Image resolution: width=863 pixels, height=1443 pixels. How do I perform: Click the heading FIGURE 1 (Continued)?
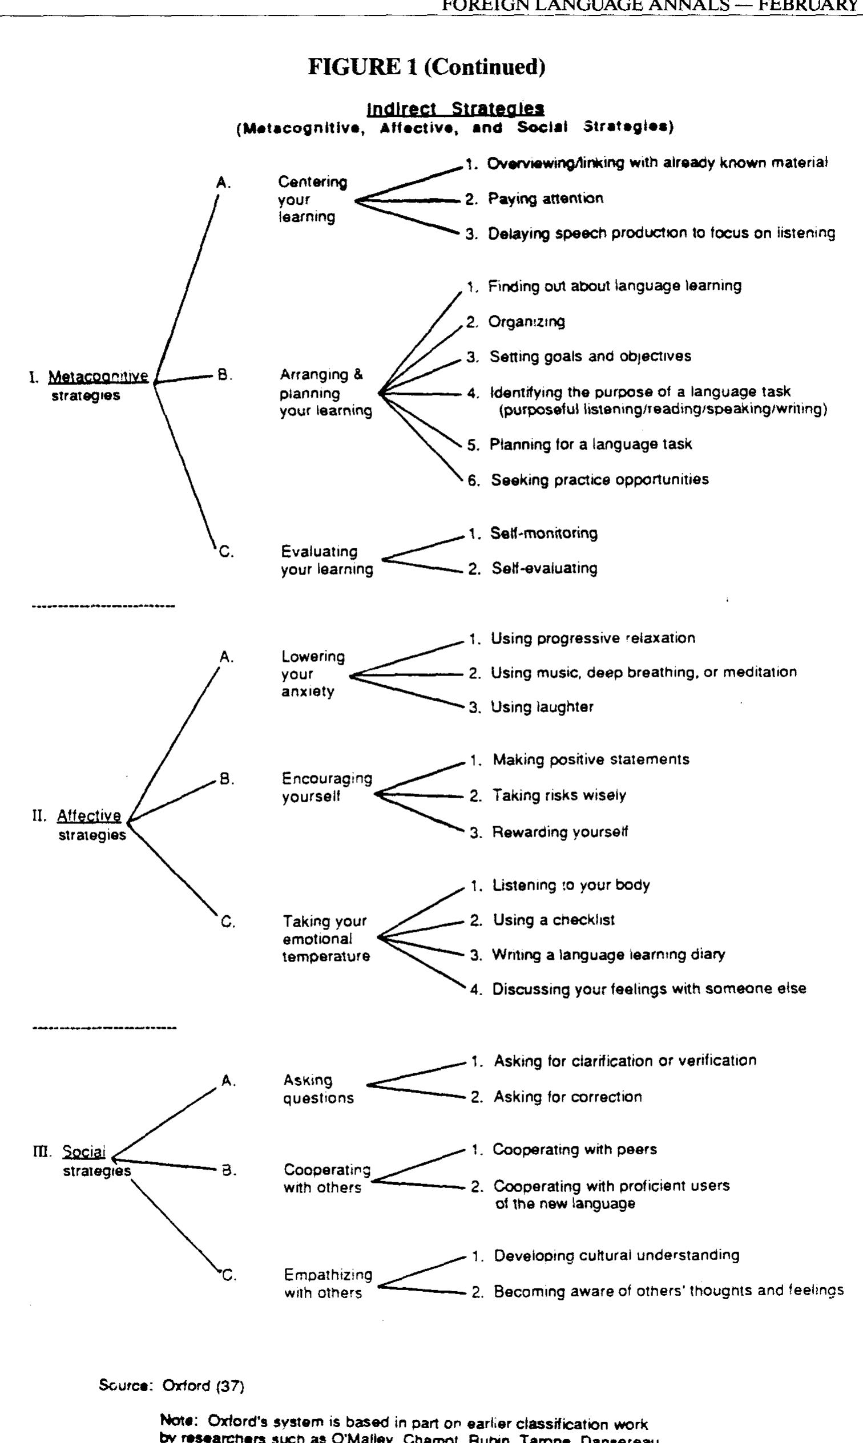[426, 67]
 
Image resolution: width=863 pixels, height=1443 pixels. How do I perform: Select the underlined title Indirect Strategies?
[455, 108]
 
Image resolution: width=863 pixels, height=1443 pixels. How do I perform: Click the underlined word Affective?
[89, 816]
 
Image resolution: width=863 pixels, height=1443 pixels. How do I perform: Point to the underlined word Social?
[84, 1151]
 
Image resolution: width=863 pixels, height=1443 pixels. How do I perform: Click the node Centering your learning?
[312, 199]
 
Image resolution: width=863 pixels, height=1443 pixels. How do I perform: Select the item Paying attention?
[545, 199]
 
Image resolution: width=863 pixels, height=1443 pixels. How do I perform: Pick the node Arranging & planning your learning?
[326, 393]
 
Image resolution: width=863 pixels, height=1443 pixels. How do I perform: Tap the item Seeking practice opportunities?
[599, 480]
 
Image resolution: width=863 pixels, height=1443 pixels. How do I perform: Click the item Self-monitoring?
[544, 533]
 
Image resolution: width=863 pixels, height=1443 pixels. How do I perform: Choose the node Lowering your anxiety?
[313, 674]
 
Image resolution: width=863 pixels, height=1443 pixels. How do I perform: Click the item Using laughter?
[542, 708]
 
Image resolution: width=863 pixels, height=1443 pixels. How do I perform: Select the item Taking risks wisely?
[559, 795]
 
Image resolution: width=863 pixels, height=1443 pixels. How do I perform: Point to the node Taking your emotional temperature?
[326, 939]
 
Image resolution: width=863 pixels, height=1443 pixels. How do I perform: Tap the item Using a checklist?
[553, 920]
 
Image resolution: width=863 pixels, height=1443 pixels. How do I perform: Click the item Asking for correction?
[567, 1097]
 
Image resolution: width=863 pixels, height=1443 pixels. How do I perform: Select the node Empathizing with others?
[328, 1284]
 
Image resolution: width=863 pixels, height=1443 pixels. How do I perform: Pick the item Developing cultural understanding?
[616, 1256]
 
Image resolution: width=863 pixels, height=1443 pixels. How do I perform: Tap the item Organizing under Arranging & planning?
[526, 322]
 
